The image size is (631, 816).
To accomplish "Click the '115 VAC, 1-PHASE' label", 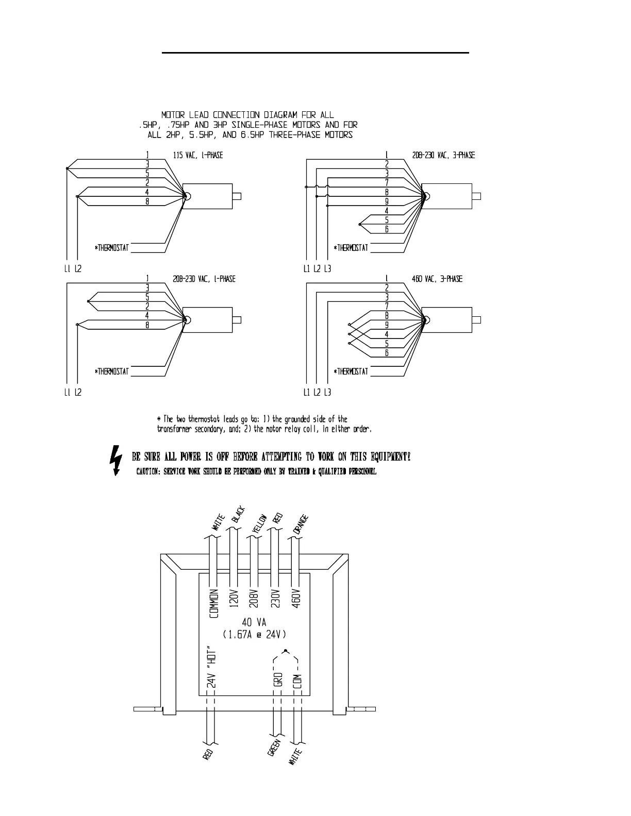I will point(198,155).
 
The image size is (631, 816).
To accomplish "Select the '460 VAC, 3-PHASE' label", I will point(437,279).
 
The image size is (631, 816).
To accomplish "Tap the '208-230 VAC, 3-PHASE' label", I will point(443,155).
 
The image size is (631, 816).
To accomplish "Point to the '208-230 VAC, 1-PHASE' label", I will point(204,279).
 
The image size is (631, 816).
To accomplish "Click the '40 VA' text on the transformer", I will point(254,623).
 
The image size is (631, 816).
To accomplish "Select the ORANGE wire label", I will point(300,524).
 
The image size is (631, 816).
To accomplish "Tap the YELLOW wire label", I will point(259,524).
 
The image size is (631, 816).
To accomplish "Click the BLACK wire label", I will point(238,515).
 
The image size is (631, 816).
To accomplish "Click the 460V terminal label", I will point(296,599).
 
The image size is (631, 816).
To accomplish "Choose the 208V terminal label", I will point(253,599).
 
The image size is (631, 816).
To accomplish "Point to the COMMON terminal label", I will point(214,603).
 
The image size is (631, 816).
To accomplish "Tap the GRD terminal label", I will point(278,679).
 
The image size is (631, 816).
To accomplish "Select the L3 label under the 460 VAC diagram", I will point(328,393).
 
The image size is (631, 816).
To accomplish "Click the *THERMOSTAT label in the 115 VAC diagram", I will point(112,248).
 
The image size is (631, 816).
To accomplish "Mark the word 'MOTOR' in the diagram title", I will point(174,115).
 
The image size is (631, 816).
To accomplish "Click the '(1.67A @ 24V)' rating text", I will point(254,635).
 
